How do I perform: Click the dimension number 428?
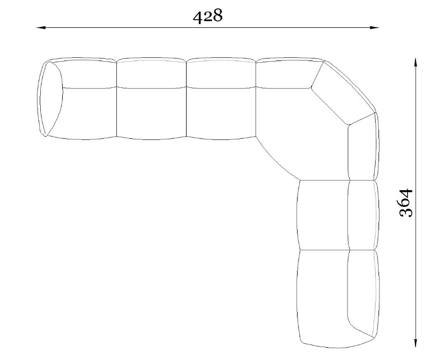click(x=207, y=16)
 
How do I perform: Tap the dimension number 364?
click(x=405, y=202)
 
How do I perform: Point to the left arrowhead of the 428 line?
click(x=41, y=27)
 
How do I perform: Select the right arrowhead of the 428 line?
click(x=374, y=27)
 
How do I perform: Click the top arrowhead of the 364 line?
click(x=416, y=63)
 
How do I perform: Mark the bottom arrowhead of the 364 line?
click(x=416, y=342)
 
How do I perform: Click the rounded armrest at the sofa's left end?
click(x=50, y=99)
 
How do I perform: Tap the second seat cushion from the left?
click(x=152, y=113)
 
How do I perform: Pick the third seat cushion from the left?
click(x=221, y=113)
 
